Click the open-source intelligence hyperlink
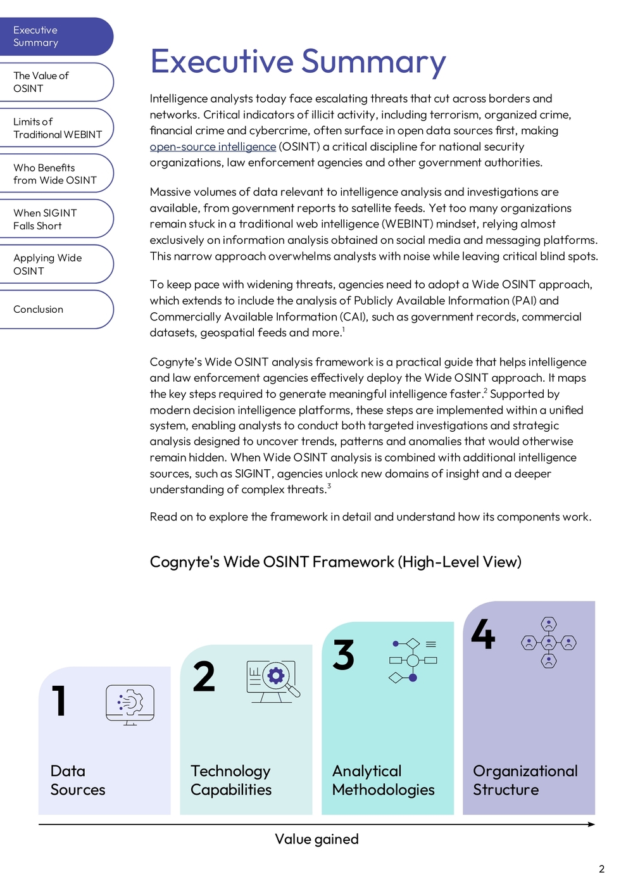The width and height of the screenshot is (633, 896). coord(213,147)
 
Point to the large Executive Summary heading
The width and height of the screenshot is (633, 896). coord(298,62)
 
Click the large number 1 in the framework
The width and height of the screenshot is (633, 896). coord(60,701)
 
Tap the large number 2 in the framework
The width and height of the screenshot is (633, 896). coord(204,677)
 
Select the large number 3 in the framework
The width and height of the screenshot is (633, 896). coord(344,655)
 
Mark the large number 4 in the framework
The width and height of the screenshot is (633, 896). coord(483,634)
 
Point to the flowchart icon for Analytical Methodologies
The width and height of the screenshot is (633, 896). coord(413,660)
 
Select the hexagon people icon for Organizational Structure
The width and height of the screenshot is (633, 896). coord(549,643)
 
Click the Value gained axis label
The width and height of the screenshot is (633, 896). coord(316,839)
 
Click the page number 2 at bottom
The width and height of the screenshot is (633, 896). coord(601,869)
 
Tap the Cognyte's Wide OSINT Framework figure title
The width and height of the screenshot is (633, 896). coord(335,562)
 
